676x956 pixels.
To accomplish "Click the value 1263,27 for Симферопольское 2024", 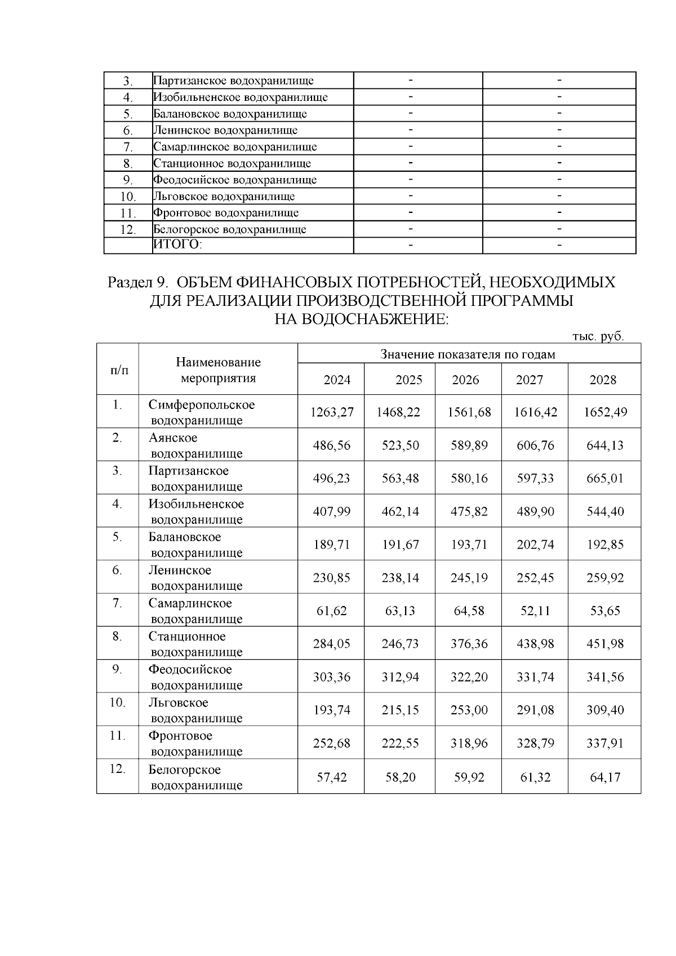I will click(332, 412).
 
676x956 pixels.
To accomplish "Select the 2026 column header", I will click(465, 380).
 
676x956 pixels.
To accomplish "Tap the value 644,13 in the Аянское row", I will click(604, 445).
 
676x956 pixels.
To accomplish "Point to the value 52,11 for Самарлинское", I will click(535, 611).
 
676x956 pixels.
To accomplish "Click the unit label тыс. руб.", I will click(598, 336).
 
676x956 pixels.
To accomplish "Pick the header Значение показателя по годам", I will click(468, 354).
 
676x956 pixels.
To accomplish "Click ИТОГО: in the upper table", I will click(177, 244).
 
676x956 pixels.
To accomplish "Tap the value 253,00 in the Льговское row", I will click(469, 710).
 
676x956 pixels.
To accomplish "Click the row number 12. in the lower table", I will click(117, 769).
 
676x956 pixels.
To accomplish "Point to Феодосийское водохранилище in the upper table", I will click(235, 180).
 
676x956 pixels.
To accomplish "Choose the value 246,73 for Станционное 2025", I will click(400, 644).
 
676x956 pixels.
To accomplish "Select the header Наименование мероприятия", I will click(218, 370).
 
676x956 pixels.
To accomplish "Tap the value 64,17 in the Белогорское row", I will click(605, 777).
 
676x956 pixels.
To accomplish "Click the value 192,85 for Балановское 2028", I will click(604, 545).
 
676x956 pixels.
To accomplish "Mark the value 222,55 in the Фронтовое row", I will click(400, 744).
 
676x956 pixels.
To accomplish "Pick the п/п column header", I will click(118, 370).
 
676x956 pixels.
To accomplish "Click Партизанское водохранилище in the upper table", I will click(233, 81).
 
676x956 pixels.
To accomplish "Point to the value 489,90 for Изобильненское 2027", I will click(535, 512).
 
